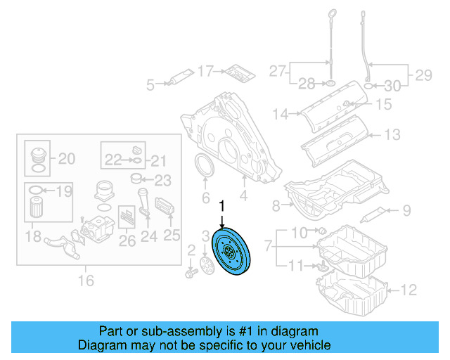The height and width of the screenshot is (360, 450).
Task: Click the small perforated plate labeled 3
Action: coord(206,265)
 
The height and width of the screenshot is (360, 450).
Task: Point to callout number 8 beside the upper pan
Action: coord(276,205)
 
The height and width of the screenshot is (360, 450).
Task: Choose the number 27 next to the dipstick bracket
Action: coord(277,71)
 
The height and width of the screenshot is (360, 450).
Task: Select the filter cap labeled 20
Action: coord(37,157)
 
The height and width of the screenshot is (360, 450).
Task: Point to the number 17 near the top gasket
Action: coord(205,71)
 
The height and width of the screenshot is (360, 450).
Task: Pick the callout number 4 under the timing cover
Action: coord(243,196)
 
